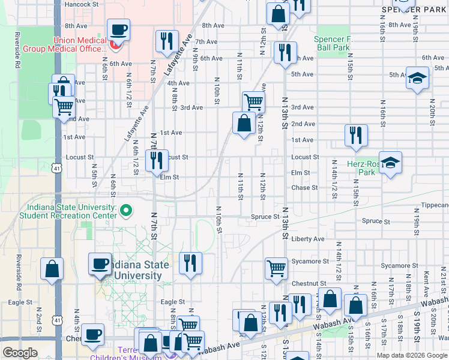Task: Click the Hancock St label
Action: (x=82, y=4)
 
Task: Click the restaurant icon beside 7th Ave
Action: (x=166, y=41)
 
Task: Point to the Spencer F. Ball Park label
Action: (x=332, y=43)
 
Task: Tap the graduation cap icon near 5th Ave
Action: (x=417, y=78)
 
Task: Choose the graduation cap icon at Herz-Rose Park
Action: (x=390, y=163)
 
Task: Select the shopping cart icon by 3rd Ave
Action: (x=254, y=103)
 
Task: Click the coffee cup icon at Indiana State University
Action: (x=100, y=263)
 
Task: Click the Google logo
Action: (x=20, y=353)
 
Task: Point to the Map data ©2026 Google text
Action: (x=412, y=355)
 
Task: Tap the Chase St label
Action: (x=304, y=188)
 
